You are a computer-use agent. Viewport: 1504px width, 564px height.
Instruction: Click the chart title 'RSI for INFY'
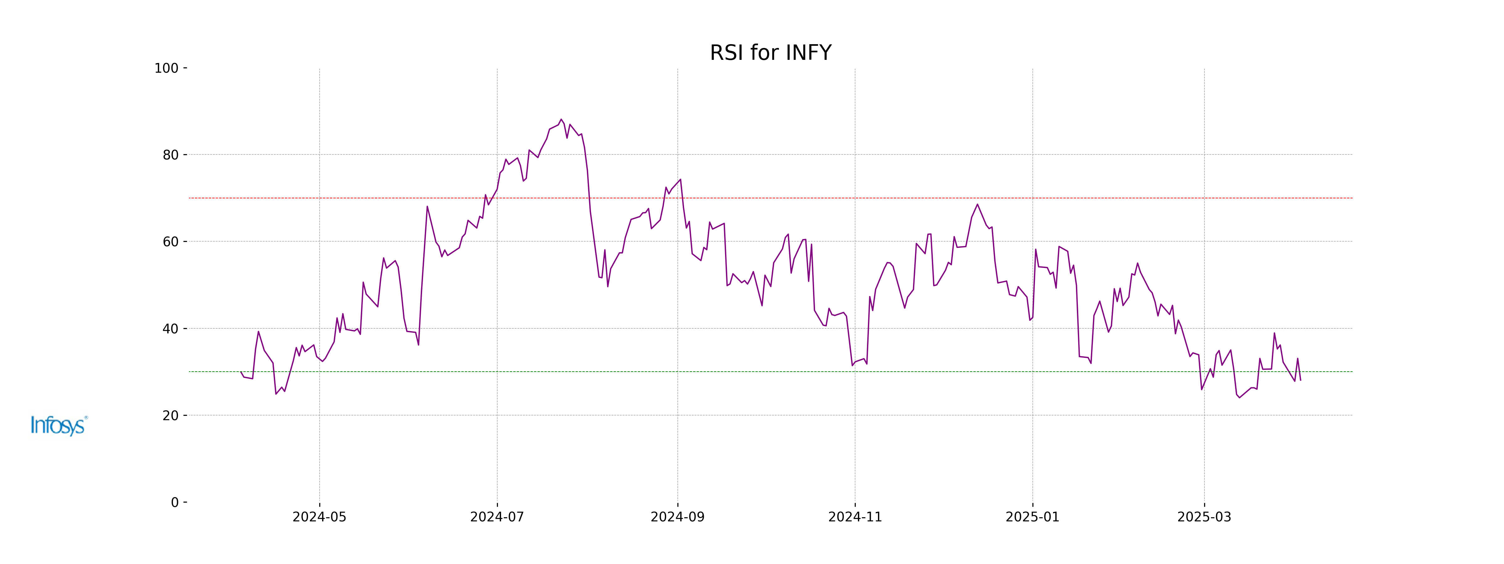(770, 53)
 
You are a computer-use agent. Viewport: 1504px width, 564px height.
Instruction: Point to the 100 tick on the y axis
(166, 68)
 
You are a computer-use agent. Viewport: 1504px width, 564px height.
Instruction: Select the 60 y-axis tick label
(170, 242)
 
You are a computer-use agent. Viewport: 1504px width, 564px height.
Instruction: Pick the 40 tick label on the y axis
(170, 329)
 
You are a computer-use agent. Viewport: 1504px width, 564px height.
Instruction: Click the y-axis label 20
(170, 416)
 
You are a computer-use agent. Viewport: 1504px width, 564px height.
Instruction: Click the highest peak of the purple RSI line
(561, 119)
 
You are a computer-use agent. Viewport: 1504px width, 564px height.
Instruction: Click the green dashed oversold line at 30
(759, 371)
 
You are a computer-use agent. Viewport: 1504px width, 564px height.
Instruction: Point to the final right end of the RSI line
(1300, 380)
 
